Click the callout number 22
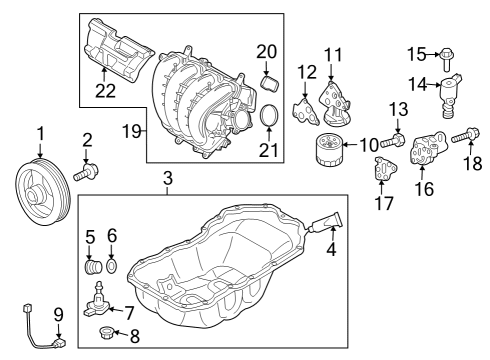105,91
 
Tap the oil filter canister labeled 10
328,149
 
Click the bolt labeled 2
86,171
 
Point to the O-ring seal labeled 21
269,115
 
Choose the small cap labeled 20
269,83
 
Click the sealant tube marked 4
325,222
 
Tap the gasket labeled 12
306,111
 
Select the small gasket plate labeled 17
384,170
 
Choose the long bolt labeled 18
466,136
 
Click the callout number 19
132,131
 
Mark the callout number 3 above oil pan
168,178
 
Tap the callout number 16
424,189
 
